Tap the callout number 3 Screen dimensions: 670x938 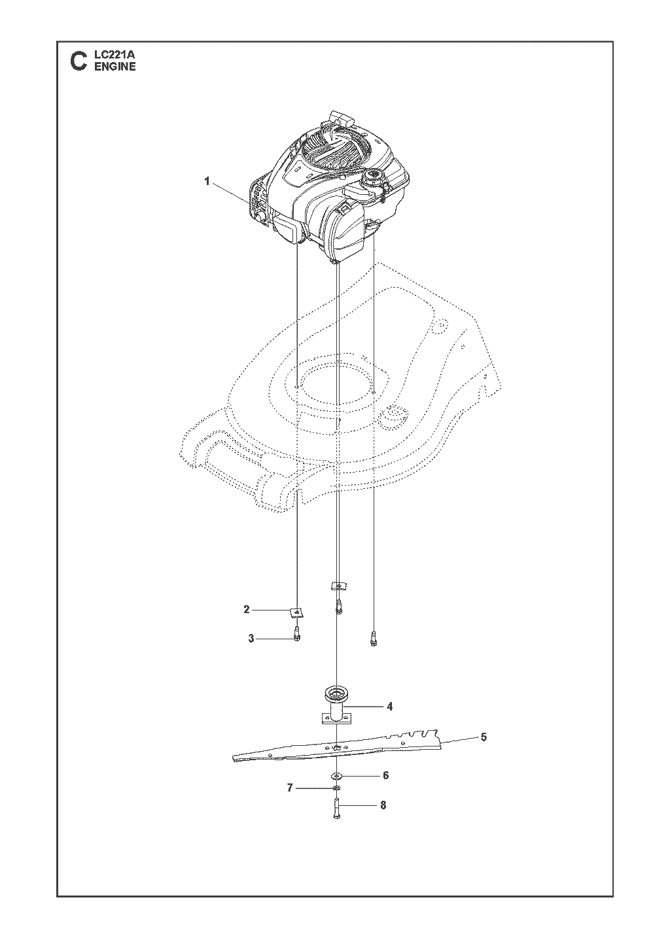(x=251, y=650)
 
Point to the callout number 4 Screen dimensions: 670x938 (x=389, y=707)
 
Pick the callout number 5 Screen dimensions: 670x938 (x=484, y=737)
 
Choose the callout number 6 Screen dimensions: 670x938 (x=386, y=775)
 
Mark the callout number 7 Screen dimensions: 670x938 (x=289, y=788)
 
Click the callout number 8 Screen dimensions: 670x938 (x=383, y=805)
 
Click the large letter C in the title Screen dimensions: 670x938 (x=79, y=61)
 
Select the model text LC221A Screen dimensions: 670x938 (x=111, y=54)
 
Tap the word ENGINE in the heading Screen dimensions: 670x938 (x=115, y=67)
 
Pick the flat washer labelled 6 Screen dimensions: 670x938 (x=337, y=776)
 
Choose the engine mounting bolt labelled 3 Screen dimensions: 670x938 (x=297, y=645)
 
